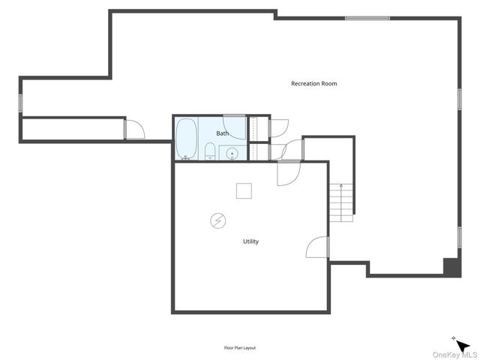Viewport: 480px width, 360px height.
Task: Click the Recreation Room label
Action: tap(313, 83)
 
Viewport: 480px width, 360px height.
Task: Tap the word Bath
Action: tap(223, 133)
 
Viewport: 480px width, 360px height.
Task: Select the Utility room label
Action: tap(250, 241)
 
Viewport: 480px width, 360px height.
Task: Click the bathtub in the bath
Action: tap(186, 139)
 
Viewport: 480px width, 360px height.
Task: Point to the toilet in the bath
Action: tap(210, 153)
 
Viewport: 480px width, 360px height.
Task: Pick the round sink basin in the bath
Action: tap(232, 154)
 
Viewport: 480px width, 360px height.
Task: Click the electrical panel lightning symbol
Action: tap(217, 220)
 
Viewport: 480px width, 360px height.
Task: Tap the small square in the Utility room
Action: tap(244, 190)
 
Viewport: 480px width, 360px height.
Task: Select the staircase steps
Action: tap(341, 202)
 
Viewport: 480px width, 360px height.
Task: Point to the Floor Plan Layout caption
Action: tap(240, 348)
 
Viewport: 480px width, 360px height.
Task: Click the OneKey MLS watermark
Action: tap(454, 355)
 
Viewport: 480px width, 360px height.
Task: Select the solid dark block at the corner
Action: tap(451, 267)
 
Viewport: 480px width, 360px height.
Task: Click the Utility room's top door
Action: tap(288, 172)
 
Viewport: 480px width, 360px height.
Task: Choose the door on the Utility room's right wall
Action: tap(318, 247)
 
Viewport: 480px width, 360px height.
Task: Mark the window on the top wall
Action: tap(367, 17)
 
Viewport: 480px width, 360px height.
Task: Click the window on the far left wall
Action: tap(21, 103)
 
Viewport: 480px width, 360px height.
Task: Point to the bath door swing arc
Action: tap(235, 128)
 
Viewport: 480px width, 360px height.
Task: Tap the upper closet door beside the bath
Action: tap(277, 127)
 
